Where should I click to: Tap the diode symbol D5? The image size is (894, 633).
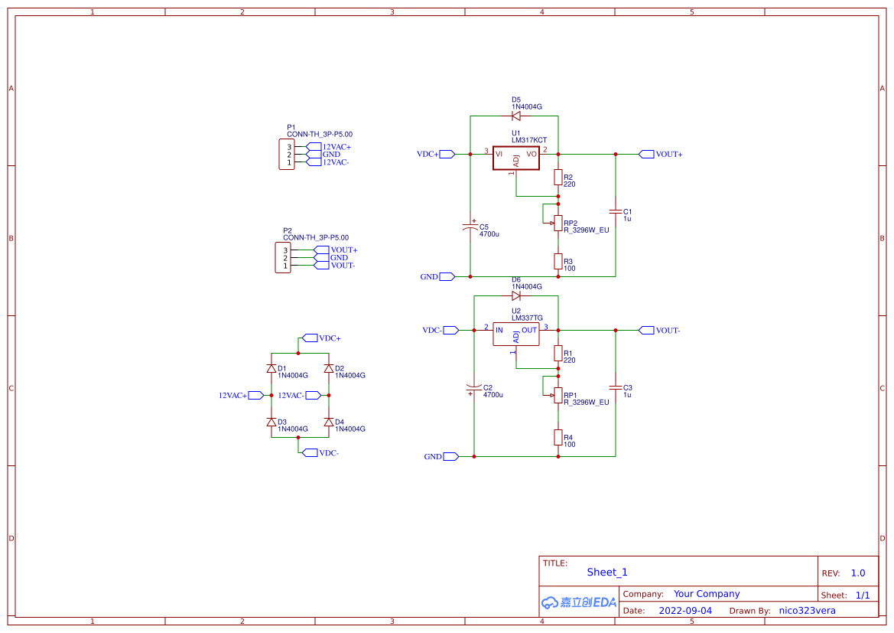(515, 116)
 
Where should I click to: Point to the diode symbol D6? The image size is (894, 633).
(515, 295)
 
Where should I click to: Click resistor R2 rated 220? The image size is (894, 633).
(558, 178)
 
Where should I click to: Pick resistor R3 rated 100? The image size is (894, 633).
(558, 262)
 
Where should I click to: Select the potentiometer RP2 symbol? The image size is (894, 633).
(558, 223)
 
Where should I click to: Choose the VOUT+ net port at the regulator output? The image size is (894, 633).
(646, 154)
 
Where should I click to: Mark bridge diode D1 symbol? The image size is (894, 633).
(271, 368)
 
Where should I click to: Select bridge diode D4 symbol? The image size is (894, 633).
(329, 422)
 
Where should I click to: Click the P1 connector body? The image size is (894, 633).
(286, 155)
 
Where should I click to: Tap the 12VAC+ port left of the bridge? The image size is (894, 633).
(255, 395)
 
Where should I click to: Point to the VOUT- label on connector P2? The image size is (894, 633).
(342, 266)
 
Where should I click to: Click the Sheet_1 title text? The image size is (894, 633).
(606, 572)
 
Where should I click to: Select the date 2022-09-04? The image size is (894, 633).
(685, 611)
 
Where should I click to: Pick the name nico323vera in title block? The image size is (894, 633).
(807, 611)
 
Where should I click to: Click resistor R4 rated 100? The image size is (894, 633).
(558, 437)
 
